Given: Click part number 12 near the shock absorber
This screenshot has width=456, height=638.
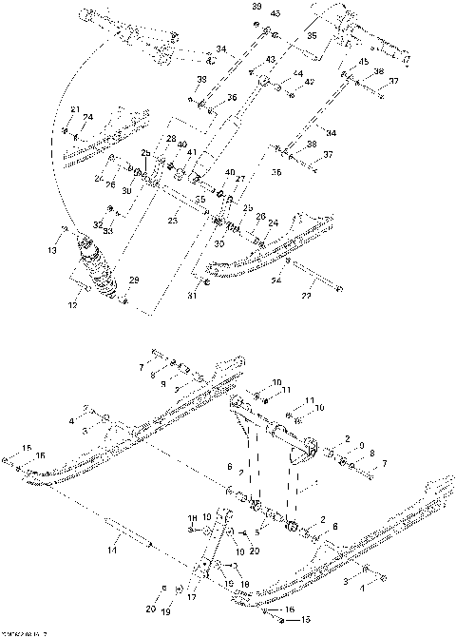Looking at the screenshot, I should pyautogui.click(x=73, y=305).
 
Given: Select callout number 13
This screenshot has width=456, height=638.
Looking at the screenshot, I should pyautogui.click(x=52, y=251).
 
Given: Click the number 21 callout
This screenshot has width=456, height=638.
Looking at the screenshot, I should pyautogui.click(x=75, y=110).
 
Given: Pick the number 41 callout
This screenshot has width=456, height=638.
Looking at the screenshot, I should pyautogui.click(x=191, y=152).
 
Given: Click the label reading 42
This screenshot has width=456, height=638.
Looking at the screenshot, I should pyautogui.click(x=310, y=84).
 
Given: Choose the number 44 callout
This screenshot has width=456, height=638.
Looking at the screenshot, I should pyautogui.click(x=297, y=73).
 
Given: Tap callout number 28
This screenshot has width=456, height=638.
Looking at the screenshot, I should pyautogui.click(x=171, y=139).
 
